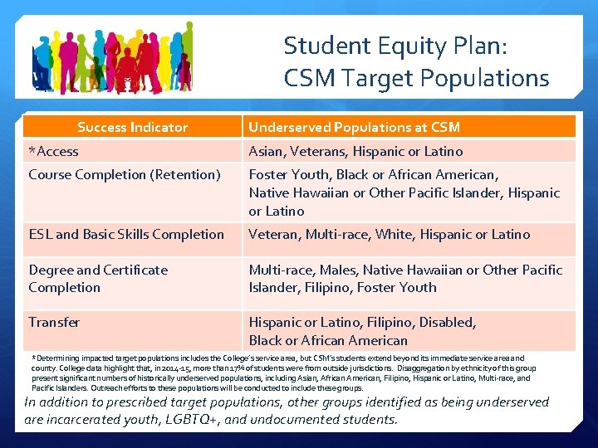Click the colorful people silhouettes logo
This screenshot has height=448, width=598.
coord(112,57)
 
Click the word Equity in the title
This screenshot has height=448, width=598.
coord(391,45)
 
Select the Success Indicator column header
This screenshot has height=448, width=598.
coord(132,127)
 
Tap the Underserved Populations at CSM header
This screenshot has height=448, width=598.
coord(354,127)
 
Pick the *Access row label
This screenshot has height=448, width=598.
coord(53,151)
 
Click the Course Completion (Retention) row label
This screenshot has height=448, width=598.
coord(125,174)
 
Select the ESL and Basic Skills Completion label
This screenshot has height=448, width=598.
coord(126,234)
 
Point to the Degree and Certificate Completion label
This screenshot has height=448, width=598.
coord(98,279)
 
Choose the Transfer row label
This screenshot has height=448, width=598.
coord(54,322)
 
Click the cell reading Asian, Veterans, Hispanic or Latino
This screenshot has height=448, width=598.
coord(355,151)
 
